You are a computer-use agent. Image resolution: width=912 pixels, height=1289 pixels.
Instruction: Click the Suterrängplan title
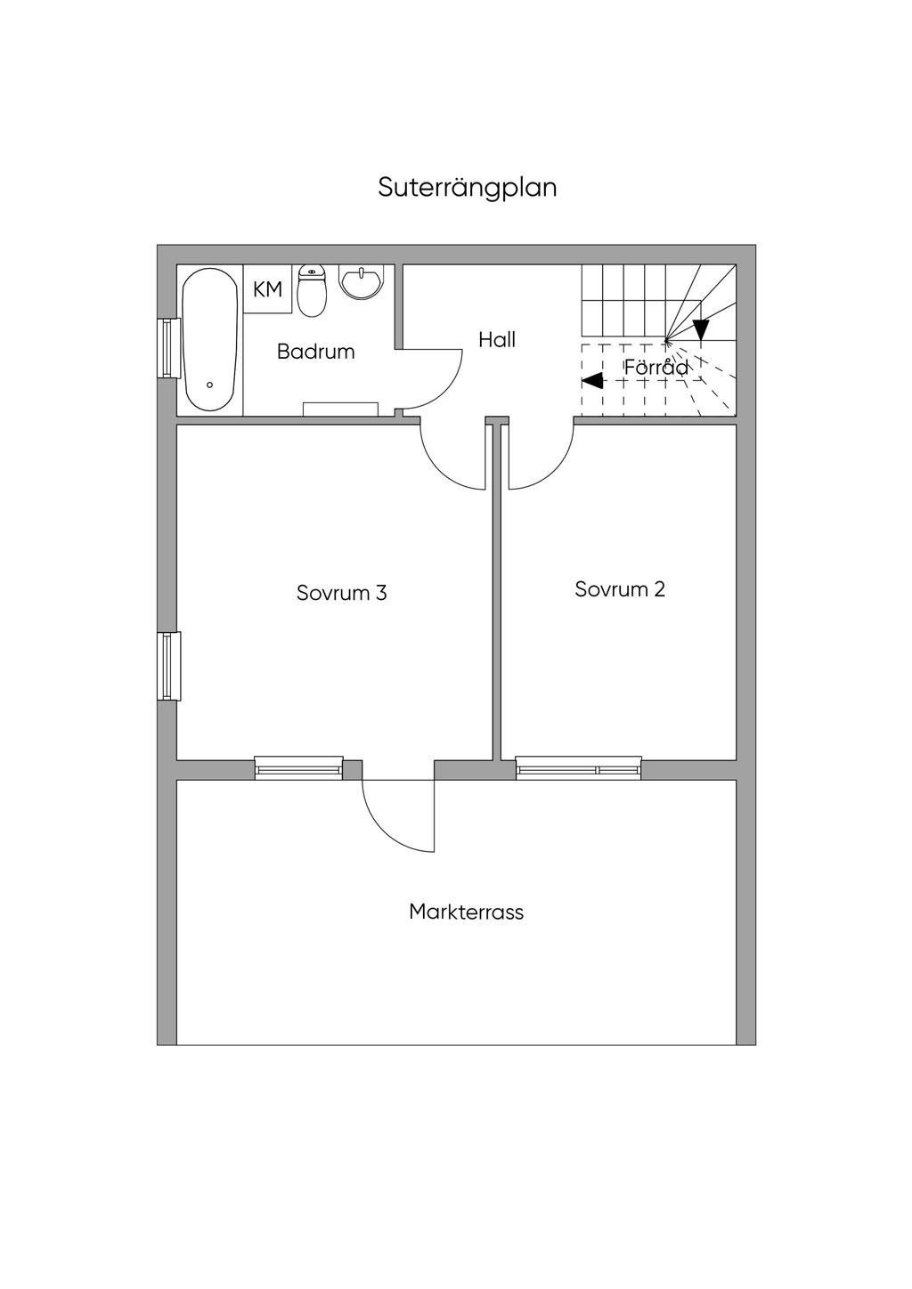468,188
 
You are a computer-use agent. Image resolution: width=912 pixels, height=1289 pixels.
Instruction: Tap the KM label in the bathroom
268,289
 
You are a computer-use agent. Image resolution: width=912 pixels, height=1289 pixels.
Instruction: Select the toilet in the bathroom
310,292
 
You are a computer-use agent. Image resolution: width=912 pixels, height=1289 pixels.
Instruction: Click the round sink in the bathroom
362,281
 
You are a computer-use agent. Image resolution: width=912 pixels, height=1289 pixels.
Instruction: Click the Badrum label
315,352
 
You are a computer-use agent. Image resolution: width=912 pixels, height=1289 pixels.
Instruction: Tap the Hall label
497,339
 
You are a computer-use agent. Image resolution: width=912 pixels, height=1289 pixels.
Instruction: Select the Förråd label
656,367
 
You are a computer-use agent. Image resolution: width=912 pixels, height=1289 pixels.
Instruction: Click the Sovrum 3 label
342,593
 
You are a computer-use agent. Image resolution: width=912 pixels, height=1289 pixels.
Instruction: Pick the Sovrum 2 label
620,589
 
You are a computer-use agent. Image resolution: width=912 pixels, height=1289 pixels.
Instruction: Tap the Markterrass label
466,912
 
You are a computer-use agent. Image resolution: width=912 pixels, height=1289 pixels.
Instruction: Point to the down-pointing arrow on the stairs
701,330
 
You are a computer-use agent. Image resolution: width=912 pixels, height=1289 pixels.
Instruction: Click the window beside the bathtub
167,347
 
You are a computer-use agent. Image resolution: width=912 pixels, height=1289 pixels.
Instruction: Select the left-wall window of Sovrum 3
168,665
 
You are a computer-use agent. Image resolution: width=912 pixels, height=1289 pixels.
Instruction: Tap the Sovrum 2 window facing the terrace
578,767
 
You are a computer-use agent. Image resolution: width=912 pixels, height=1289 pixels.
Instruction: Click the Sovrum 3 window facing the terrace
298,767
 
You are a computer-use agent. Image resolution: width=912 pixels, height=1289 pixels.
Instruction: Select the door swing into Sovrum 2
539,458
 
